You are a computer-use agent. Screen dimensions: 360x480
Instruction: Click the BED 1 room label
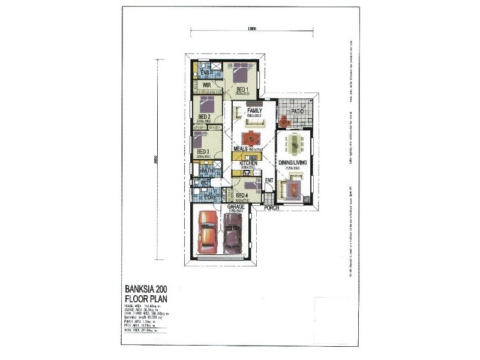coord(242,89)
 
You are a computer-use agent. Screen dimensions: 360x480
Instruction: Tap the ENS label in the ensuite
coord(205,73)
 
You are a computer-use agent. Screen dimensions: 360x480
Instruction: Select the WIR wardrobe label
coord(206,86)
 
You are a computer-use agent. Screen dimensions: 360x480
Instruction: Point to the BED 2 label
coord(204,116)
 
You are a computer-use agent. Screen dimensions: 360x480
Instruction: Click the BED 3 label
coord(203,151)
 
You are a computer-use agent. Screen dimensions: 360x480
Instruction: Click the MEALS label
coord(242,149)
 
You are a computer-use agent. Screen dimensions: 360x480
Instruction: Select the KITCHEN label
coord(249,163)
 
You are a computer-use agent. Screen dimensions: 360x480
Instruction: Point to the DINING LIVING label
coord(293,162)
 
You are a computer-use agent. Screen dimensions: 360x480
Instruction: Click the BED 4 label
coord(242,195)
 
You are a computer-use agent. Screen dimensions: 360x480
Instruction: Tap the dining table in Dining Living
coord(295,143)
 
